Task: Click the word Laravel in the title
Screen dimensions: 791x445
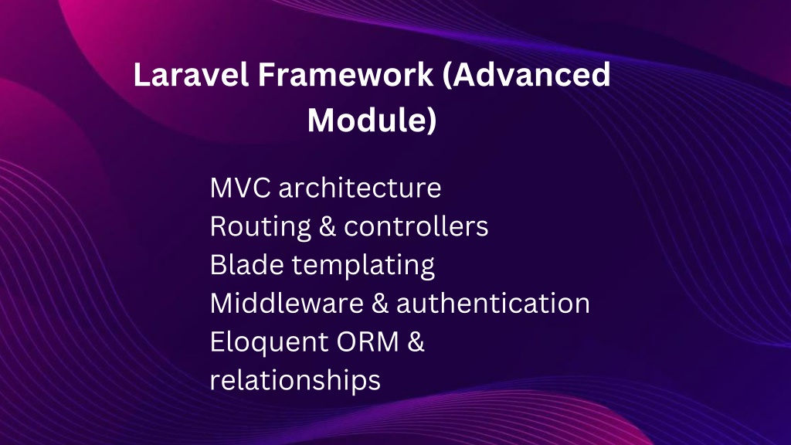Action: pos(192,74)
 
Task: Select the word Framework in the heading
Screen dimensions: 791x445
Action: pos(346,74)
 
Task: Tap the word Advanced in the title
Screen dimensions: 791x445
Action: pos(531,74)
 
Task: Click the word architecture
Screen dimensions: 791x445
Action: pos(360,188)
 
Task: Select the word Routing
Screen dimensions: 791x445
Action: pos(260,227)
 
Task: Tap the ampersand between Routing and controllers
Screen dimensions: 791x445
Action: pos(328,226)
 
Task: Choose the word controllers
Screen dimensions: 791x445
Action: pos(416,226)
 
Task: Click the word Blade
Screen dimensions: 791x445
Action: pos(246,264)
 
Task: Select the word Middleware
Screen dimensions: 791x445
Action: pos(287,303)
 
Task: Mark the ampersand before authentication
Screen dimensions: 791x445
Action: pos(380,303)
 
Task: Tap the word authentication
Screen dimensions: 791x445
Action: pos(494,303)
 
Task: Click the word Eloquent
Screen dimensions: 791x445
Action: pos(269,342)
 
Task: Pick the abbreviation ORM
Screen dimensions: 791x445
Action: pos(368,341)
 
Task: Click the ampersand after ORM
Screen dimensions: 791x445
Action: pos(416,341)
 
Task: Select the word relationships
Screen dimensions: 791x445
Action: pos(295,381)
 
